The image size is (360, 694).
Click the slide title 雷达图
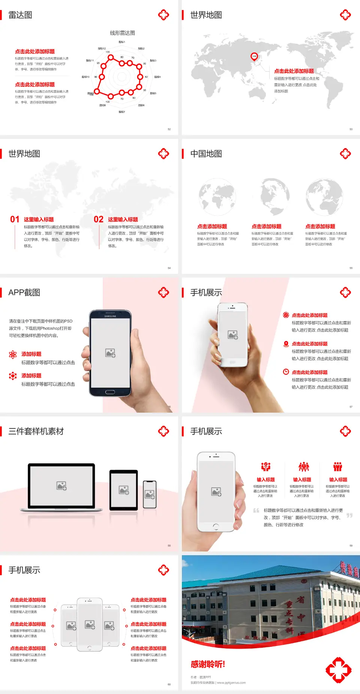[20, 15]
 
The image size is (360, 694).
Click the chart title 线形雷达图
[122, 33]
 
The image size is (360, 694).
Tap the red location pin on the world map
[254, 57]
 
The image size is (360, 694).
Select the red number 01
[15, 219]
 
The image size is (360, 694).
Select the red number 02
[99, 219]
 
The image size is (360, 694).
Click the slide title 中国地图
[206, 154]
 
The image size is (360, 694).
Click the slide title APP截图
[24, 293]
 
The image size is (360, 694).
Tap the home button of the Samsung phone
[110, 392]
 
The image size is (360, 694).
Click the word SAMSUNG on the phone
[110, 316]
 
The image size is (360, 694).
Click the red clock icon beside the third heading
[286, 372]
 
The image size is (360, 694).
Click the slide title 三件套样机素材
[36, 431]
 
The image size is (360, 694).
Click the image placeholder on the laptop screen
[61, 486]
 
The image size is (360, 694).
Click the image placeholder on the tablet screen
[124, 490]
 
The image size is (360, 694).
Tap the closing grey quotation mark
[349, 515]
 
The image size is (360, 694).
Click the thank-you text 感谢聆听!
[208, 664]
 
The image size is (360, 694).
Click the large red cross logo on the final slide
[338, 670]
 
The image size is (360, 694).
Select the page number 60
[169, 684]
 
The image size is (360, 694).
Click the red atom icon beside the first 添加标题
[13, 355]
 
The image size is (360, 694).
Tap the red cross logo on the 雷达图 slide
[163, 15]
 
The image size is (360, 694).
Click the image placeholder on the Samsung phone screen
[110, 353]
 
